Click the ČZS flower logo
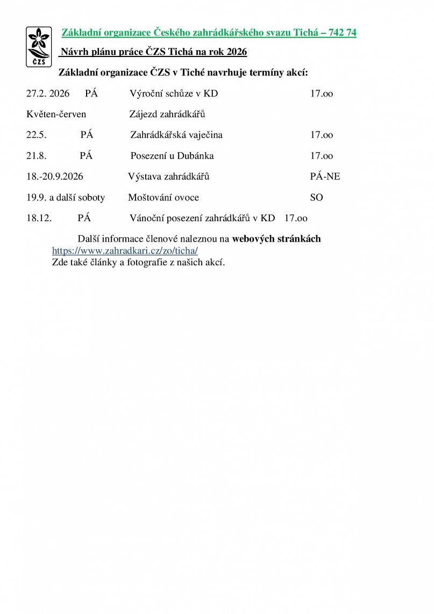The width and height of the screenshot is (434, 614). point(39,46)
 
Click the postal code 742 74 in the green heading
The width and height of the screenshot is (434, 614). point(344,33)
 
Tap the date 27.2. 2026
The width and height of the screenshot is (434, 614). point(48,94)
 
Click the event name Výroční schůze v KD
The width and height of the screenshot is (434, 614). point(174,94)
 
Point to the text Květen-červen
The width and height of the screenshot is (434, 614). point(56,114)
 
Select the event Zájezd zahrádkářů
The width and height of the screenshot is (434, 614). point(167,114)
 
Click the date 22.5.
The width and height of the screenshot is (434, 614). point(37,135)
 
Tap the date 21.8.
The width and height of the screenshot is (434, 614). point(37,156)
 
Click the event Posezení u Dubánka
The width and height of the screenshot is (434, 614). point(172,156)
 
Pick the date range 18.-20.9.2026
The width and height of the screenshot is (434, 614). point(55,177)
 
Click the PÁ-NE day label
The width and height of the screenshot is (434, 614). point(325,177)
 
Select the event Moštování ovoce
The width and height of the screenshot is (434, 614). point(163,197)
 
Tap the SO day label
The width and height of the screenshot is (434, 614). point(316,197)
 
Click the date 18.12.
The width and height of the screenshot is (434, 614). point(39,218)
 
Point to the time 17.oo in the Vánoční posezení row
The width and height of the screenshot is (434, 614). point(296,218)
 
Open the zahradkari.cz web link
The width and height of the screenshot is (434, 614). point(125,251)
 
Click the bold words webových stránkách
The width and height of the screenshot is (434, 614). point(276,238)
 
